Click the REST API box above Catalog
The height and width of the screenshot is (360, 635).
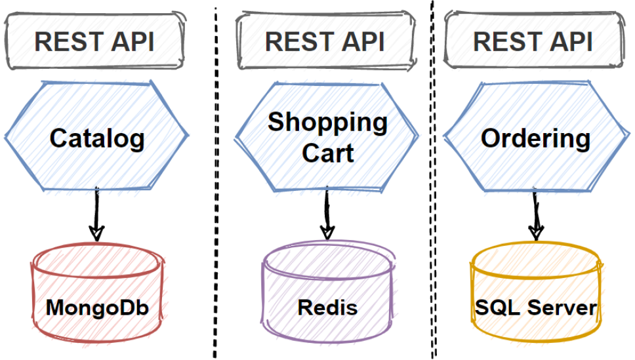click(94, 41)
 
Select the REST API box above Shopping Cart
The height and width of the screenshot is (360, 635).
click(325, 41)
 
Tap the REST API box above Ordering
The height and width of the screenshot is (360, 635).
click(533, 41)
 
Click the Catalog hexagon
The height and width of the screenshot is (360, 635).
click(97, 138)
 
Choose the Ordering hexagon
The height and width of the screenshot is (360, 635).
click(535, 138)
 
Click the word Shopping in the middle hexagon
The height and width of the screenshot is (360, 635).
click(327, 123)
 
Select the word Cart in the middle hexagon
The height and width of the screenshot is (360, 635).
click(327, 153)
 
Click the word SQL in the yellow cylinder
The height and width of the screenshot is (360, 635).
click(497, 308)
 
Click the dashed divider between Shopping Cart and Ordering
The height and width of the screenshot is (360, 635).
click(431, 184)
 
